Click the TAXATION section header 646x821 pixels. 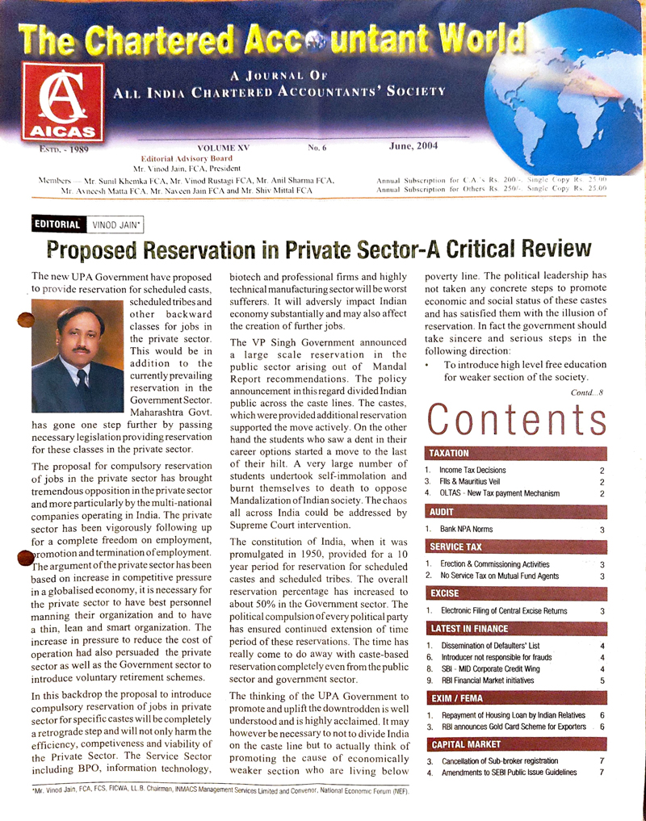coord(449,454)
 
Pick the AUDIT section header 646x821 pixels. coord(443,512)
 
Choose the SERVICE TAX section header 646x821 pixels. coord(457,547)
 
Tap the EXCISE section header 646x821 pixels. coord(445,593)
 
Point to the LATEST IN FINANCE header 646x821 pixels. coord(468,628)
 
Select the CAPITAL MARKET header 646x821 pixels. coord(466,744)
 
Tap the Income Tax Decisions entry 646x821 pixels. coord(472,470)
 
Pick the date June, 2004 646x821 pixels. coord(414,147)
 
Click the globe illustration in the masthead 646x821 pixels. coord(557,97)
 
